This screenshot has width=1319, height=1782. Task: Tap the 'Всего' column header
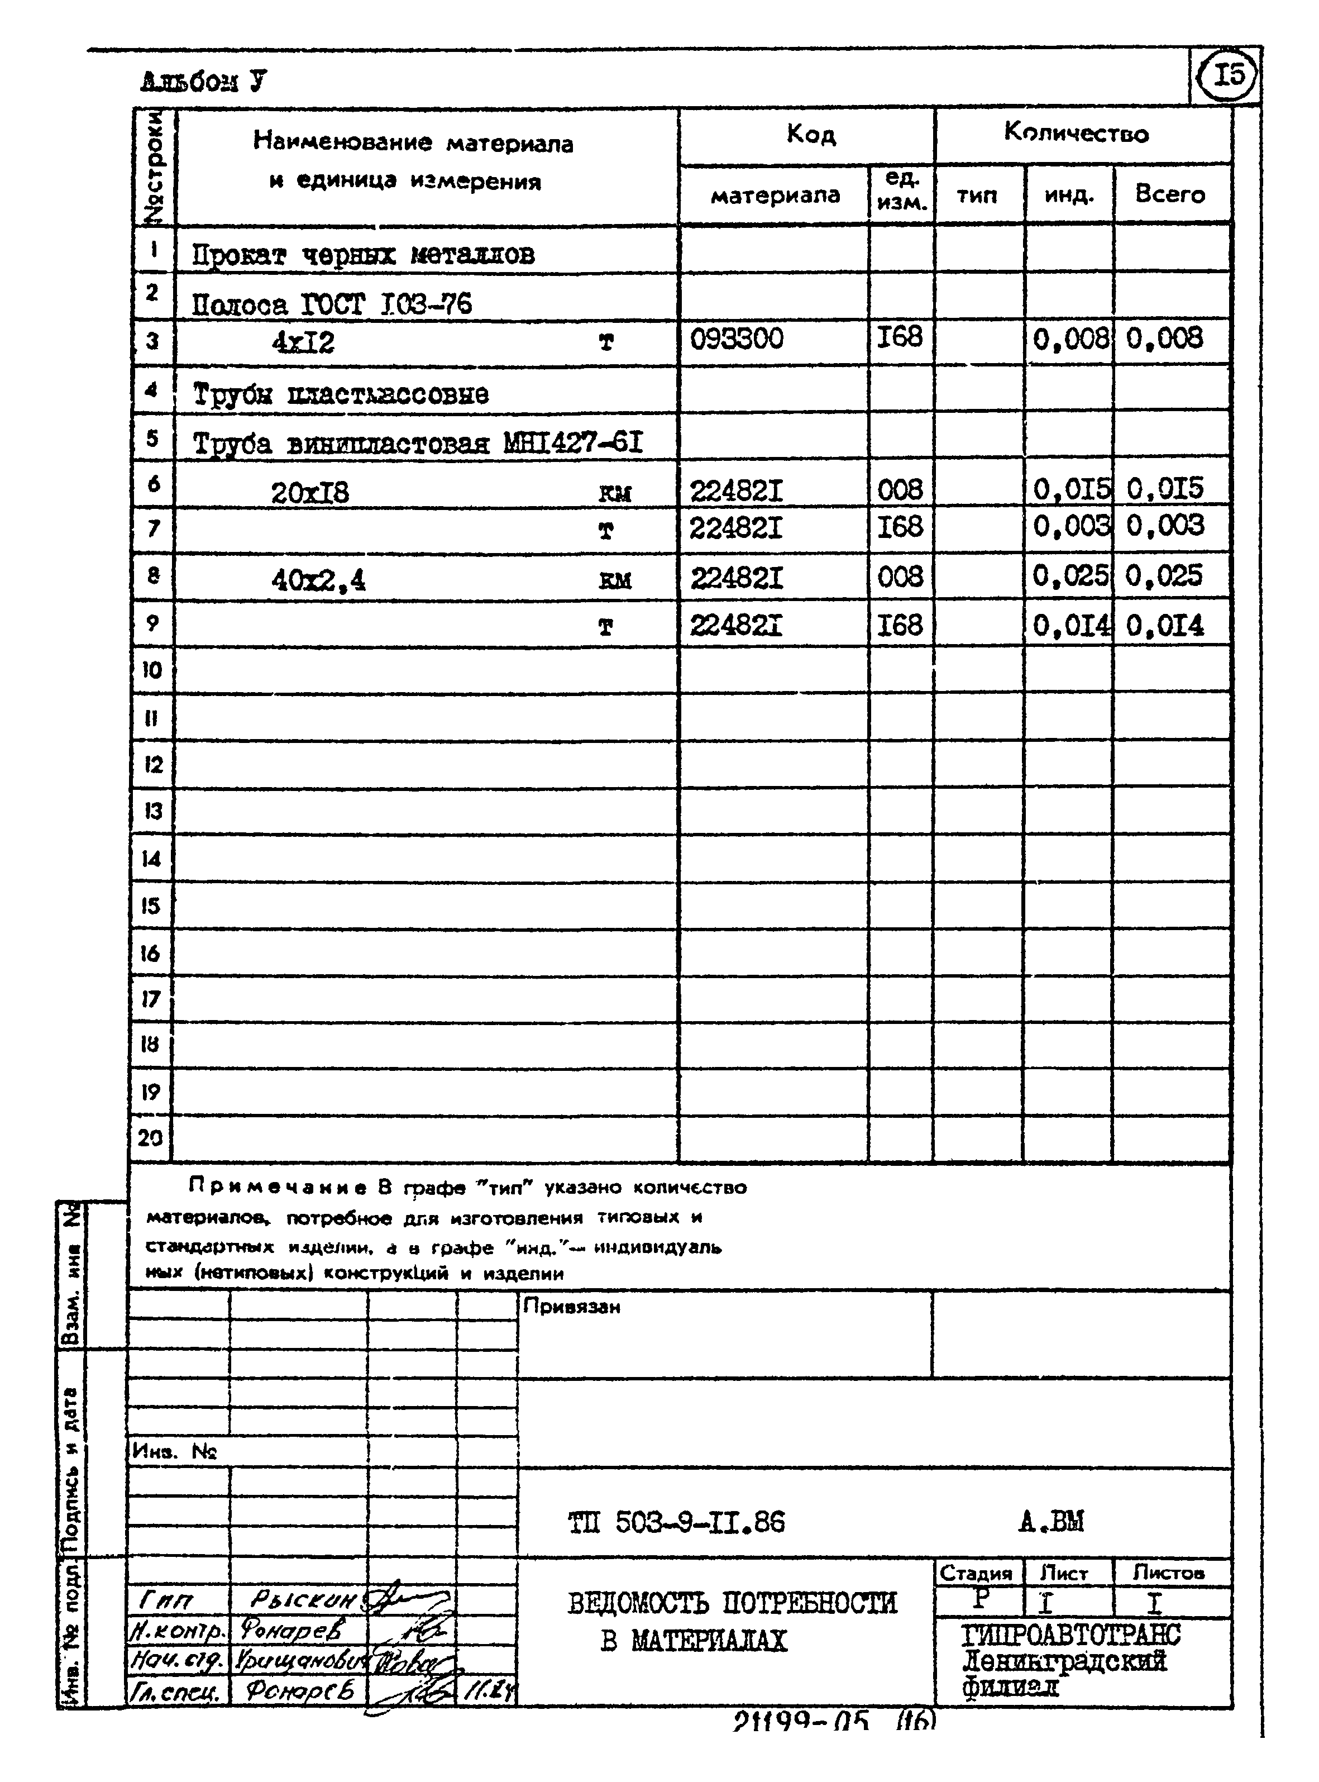(x=1170, y=194)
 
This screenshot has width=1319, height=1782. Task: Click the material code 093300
(x=736, y=339)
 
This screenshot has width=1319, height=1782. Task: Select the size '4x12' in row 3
(x=303, y=342)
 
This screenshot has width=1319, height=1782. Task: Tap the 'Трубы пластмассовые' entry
(x=340, y=394)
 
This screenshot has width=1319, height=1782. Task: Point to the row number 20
(x=150, y=1137)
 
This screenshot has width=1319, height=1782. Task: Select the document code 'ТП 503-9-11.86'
(x=676, y=1522)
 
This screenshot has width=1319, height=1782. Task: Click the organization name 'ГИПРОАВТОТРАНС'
(x=1070, y=1635)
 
